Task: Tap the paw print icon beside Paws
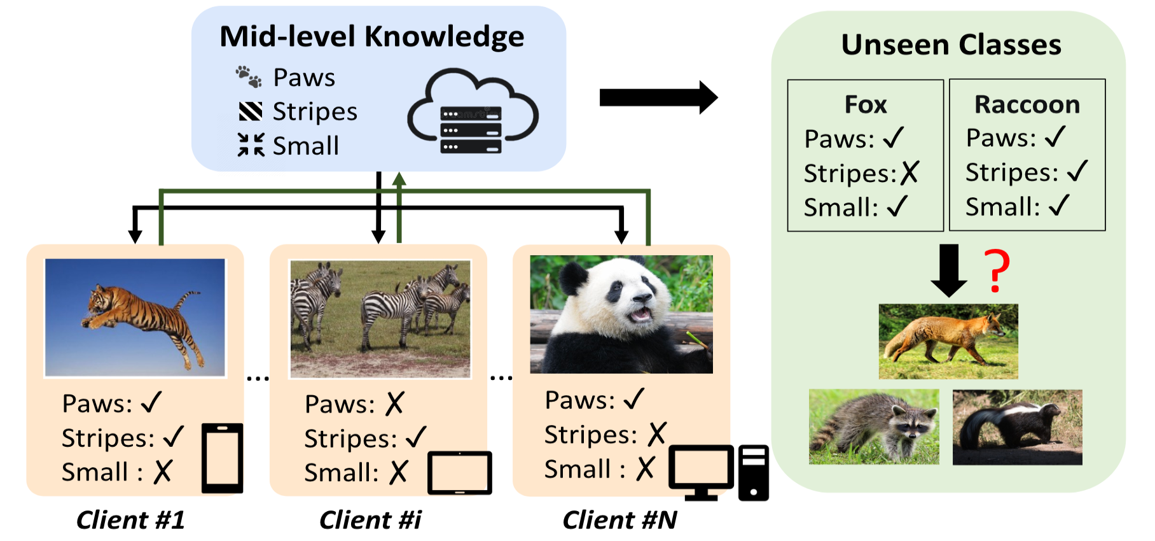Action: coord(249,76)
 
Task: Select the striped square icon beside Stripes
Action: coord(250,111)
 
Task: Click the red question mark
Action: coord(997,271)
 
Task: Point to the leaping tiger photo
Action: coord(135,318)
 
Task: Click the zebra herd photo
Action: coord(380,319)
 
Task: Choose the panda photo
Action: coord(621,314)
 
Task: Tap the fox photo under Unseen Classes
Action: coord(948,341)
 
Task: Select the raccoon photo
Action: coord(874,426)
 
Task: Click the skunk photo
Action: coord(1017,427)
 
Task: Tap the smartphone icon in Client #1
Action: coord(222,458)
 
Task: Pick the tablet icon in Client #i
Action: coord(459,473)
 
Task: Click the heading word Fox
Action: coord(865,104)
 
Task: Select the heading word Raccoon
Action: coord(1027,104)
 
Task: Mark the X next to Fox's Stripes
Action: coord(910,172)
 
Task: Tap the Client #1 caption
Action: coord(130,520)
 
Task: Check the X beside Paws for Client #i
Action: coord(395,404)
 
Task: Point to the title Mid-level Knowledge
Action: coord(372,36)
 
